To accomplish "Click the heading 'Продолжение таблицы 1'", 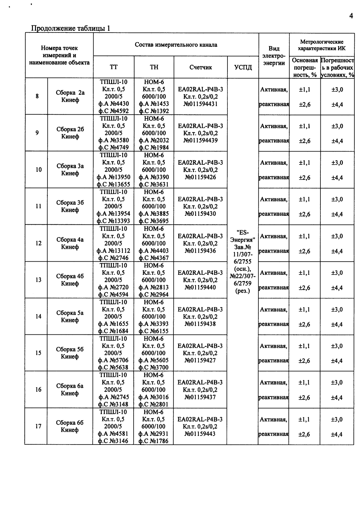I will (70, 28).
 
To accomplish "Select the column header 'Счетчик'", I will (200, 67).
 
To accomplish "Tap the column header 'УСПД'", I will (243, 68).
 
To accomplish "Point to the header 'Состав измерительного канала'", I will (176, 45).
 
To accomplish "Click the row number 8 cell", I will (37, 96).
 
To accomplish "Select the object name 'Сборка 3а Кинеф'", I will (70, 170).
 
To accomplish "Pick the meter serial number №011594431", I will (200, 104).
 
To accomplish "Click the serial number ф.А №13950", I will (113, 177).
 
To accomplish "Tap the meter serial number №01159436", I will (200, 251).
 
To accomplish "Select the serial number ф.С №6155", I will (154, 331).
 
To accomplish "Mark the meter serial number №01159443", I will (200, 434).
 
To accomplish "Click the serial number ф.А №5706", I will (113, 360).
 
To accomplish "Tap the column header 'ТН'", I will (154, 67).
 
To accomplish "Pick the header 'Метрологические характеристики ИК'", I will (321, 45).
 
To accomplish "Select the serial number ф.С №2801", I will (154, 404).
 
